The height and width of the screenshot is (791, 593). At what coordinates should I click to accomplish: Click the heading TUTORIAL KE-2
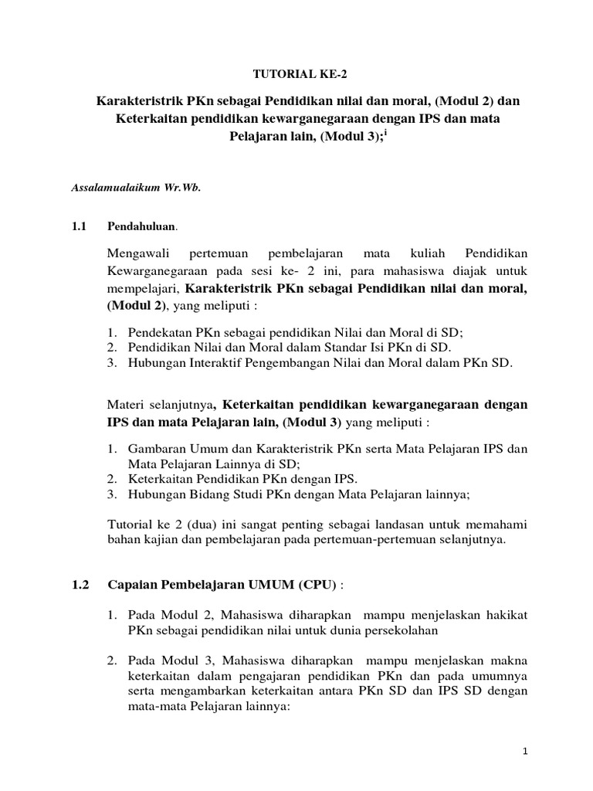point(296,74)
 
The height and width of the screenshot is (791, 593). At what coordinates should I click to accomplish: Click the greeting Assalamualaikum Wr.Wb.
point(136,188)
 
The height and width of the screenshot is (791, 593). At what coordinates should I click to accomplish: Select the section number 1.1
point(81,226)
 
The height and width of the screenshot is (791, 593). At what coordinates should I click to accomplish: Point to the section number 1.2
point(81,585)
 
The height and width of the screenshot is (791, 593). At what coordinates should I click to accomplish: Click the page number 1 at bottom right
point(524,751)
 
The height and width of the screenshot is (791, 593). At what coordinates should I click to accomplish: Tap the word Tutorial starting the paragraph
point(130,525)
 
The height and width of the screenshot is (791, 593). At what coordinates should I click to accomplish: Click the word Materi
point(125,406)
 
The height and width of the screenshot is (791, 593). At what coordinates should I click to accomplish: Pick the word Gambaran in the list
point(155,449)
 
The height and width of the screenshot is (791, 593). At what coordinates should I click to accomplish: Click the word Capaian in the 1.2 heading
point(132,585)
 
